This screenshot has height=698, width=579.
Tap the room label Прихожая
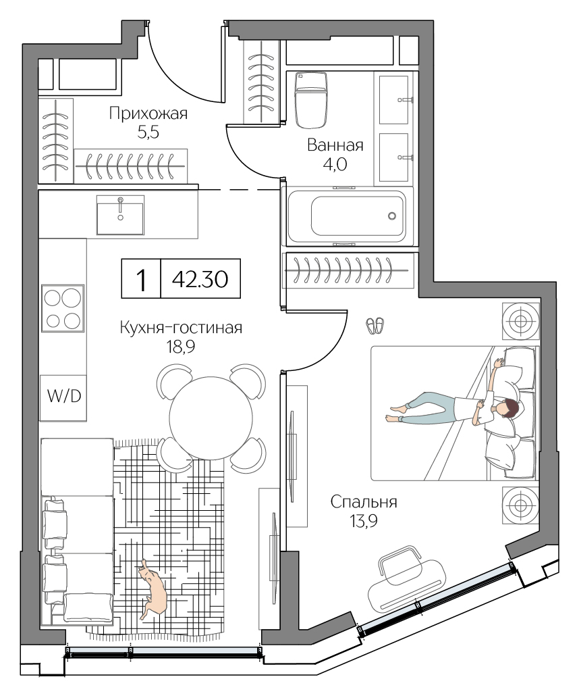(x=148, y=114)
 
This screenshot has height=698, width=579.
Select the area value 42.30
(x=200, y=279)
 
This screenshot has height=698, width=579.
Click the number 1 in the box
(x=141, y=279)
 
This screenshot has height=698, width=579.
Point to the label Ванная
(x=335, y=145)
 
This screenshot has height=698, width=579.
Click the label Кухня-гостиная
(x=180, y=328)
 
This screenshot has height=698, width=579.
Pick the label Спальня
(x=364, y=502)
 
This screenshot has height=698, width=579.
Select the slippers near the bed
(x=375, y=326)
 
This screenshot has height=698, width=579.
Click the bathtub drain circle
(x=392, y=216)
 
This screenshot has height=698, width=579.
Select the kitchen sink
(x=120, y=214)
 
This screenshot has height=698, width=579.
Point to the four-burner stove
(x=63, y=308)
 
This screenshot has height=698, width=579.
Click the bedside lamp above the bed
(x=520, y=320)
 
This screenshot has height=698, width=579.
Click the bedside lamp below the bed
(x=520, y=504)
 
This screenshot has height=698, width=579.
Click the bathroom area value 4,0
(x=335, y=165)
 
